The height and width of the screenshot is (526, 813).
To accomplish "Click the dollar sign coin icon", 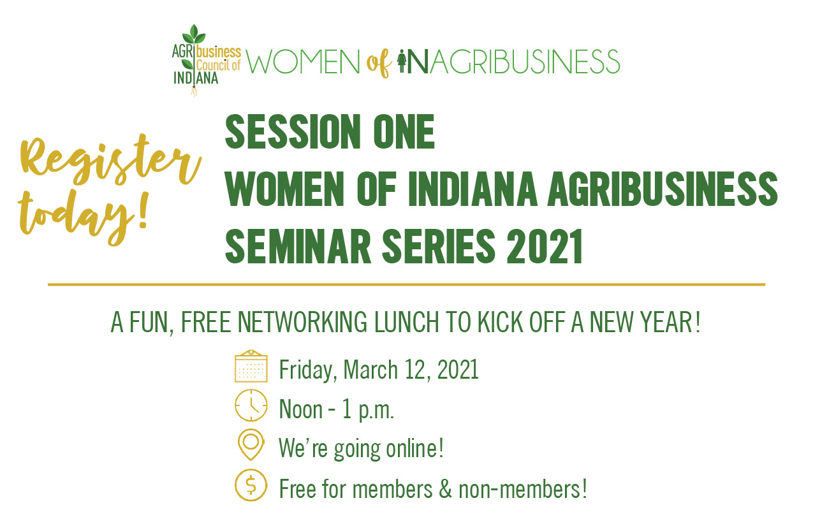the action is pos(251,485).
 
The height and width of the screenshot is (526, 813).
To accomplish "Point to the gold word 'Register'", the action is pos(109,160).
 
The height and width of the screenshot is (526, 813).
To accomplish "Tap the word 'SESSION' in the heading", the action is pos(293,131).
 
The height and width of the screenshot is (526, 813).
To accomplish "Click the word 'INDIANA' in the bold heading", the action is pos(472,189).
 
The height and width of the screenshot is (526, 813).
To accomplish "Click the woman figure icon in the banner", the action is pos(402,61).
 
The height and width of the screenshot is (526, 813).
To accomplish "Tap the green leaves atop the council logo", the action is pos(194,34).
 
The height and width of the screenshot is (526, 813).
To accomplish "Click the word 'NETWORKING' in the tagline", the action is pos(302,322).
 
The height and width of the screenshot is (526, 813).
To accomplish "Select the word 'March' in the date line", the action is pos(370,370).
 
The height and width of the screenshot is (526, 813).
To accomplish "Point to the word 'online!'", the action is pos(414,448).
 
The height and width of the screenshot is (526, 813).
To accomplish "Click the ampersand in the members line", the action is pos(445,488).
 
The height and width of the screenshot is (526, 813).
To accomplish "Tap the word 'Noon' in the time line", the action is pos(300,409).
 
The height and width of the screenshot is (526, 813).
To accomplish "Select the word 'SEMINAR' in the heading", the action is pos(298,247).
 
